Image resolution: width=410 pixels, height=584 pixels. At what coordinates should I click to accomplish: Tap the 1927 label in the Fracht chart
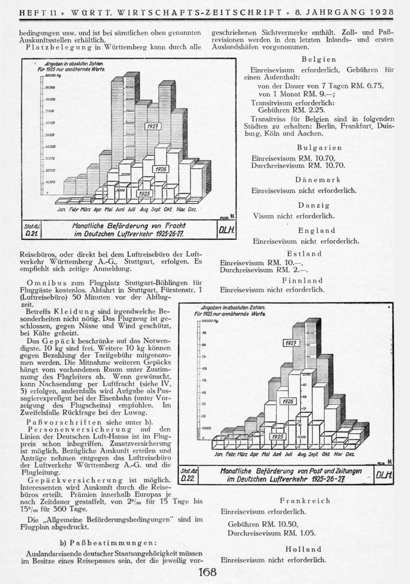pos(152,126)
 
